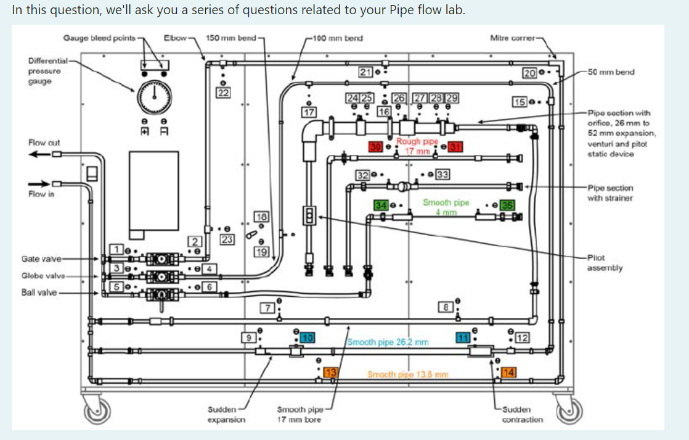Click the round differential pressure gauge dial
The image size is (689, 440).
click(154, 96)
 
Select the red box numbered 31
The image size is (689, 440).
click(455, 146)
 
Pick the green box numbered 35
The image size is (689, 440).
click(507, 205)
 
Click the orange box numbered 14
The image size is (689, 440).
click(509, 372)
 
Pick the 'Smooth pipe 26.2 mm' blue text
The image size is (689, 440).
click(388, 341)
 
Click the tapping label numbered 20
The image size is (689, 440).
click(529, 73)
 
